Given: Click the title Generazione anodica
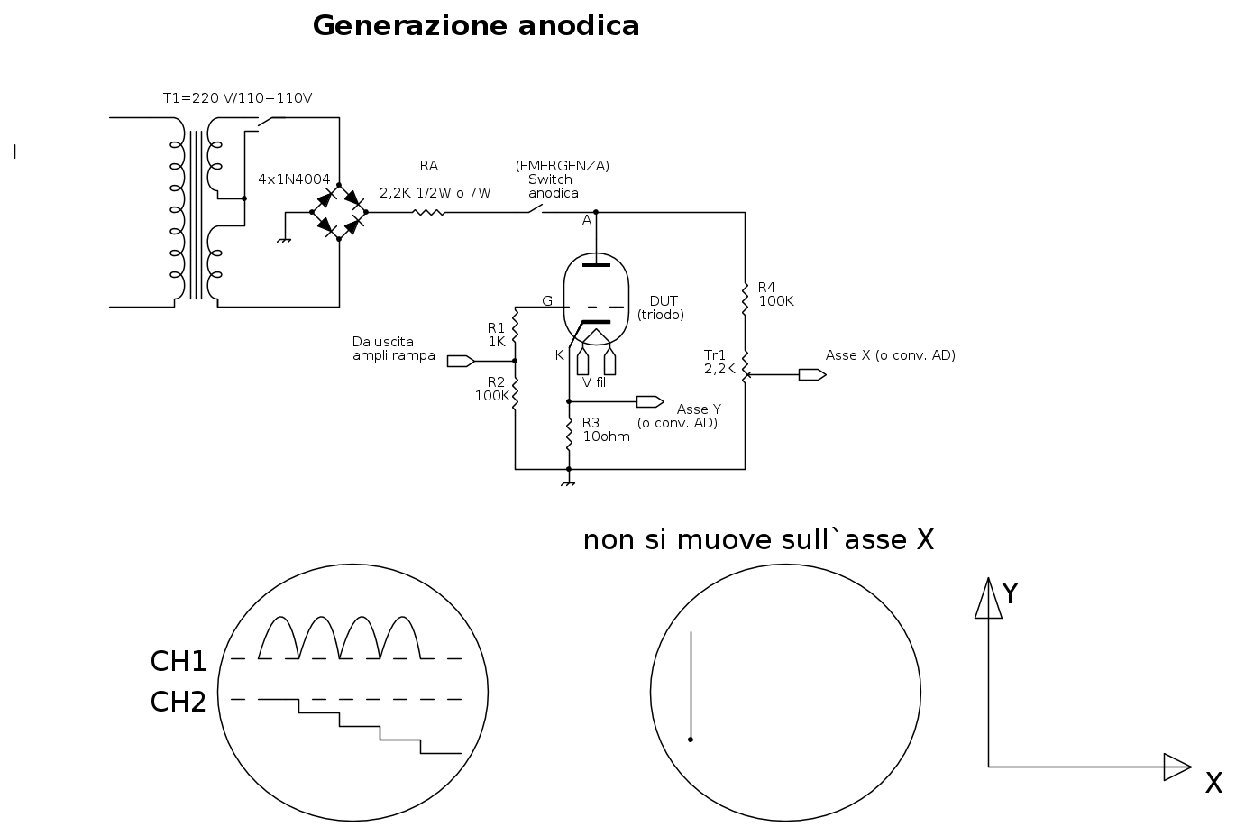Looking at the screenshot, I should [x=476, y=26].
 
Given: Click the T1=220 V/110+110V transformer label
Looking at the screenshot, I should [x=237, y=98].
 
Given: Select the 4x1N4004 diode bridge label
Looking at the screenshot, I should [x=294, y=179].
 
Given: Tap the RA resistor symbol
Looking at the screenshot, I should [x=429, y=213].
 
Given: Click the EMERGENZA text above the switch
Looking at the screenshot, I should [x=563, y=166].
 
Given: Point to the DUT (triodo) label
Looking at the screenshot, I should [x=662, y=308].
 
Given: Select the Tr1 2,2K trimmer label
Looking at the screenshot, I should [x=719, y=362].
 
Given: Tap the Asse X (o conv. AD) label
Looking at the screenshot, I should [x=890, y=355].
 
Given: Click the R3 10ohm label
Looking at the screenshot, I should [x=606, y=429].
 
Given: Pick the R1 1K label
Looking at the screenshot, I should [x=497, y=335].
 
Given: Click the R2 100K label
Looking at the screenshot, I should [x=492, y=389].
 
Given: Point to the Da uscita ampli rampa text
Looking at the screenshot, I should [x=393, y=349].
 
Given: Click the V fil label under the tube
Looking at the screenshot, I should [x=594, y=382].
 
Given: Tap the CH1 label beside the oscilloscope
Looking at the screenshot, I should [x=179, y=662].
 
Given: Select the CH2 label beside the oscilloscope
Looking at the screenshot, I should [x=179, y=702].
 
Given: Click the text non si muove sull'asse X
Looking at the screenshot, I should [x=758, y=540].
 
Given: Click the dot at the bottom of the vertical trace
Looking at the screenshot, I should [x=691, y=740].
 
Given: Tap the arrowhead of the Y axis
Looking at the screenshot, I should [x=989, y=599].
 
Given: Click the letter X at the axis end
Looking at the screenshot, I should [x=1213, y=784].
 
